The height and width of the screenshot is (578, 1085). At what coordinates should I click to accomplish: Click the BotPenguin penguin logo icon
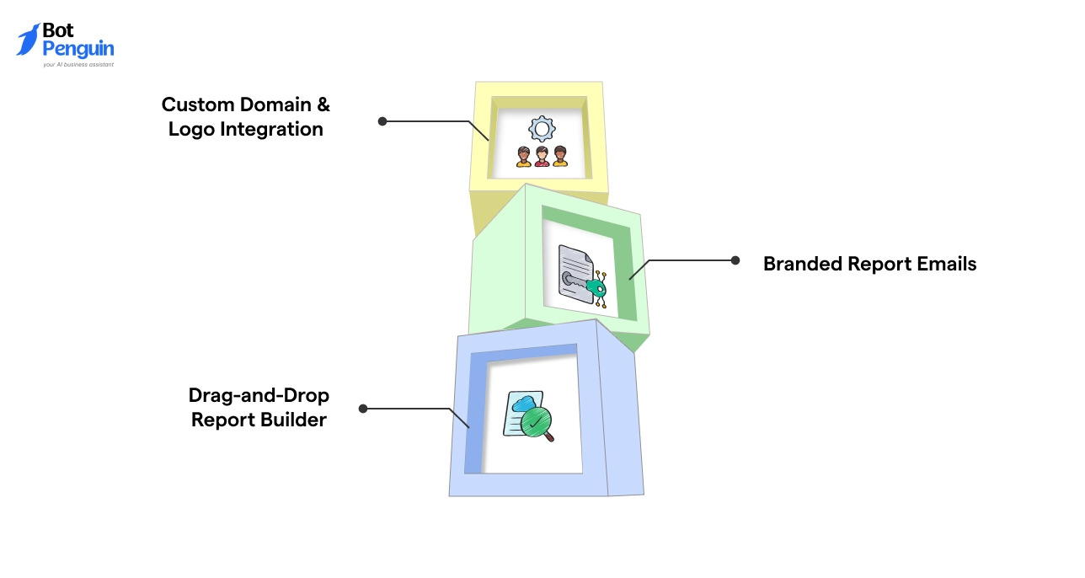(29, 40)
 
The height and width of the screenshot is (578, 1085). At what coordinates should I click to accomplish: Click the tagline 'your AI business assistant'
(77, 64)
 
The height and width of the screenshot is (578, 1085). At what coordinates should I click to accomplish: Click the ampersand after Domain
(323, 105)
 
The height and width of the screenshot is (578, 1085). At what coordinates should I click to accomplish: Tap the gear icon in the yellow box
(542, 129)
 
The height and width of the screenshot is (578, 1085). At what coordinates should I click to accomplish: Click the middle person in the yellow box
(542, 157)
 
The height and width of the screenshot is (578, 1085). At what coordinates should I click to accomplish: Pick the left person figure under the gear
(524, 157)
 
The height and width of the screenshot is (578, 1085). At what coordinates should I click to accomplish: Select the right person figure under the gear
(560, 157)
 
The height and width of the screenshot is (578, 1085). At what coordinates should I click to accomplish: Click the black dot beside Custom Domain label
(382, 121)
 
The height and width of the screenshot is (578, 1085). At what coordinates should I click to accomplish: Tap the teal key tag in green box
(597, 289)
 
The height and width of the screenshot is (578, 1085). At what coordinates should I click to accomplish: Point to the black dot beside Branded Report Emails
(735, 260)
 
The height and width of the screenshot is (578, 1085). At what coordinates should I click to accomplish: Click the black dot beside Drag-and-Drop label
(363, 409)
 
